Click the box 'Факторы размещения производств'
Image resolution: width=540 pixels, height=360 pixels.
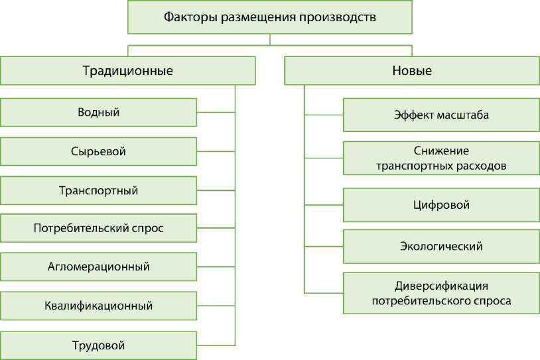coord(270,17)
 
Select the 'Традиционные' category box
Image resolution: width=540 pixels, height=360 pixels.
coord(127,70)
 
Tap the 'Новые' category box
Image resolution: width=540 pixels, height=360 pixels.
coord(412,70)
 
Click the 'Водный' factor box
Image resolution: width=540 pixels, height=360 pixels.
coord(98,112)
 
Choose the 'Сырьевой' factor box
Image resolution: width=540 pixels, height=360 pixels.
coord(98,151)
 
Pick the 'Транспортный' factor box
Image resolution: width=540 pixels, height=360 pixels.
coord(98,190)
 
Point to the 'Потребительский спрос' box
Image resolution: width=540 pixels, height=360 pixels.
coord(98,228)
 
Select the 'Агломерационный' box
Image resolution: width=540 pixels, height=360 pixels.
coord(98,267)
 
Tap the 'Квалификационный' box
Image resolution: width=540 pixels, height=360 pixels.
coord(98,306)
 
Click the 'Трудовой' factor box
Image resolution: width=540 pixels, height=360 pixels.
coord(98,345)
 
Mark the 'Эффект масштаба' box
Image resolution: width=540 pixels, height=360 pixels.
coord(441,115)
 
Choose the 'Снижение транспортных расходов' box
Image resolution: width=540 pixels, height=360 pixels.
coord(441,158)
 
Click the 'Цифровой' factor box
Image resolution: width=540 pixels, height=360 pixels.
coord(441,205)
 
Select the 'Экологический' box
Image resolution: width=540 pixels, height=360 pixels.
coord(441,246)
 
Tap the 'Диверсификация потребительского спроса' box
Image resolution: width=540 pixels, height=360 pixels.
coord(441,293)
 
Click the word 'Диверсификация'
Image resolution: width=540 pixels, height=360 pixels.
coord(441,286)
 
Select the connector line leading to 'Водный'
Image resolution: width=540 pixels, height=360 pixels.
coord(216,112)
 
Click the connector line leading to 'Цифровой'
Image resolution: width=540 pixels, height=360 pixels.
coord(324,204)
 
